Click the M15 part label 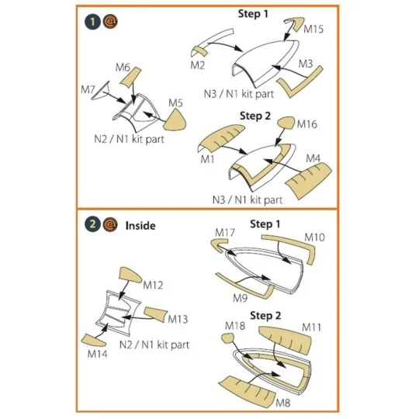(x=314, y=29)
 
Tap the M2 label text (x=199, y=64)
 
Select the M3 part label (x=306, y=63)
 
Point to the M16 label (x=306, y=125)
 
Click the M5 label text (x=175, y=102)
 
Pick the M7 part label (x=123, y=68)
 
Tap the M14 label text (x=98, y=354)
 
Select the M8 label (x=285, y=403)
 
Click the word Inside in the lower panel (x=140, y=226)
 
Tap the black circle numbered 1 (x=92, y=21)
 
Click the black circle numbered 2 (x=92, y=226)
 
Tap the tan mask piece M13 (x=154, y=315)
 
